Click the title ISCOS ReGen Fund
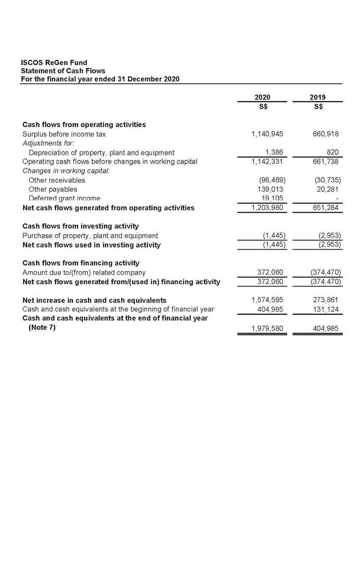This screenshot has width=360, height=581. (x=54, y=63)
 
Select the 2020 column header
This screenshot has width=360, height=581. (x=262, y=97)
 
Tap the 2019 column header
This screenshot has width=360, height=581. (x=317, y=97)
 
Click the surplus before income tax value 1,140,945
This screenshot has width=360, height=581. (x=267, y=134)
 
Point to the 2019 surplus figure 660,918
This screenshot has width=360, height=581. (x=324, y=134)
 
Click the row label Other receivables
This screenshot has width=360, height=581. (x=57, y=180)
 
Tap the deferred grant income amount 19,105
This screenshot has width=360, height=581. (x=271, y=198)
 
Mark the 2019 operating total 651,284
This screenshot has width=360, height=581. (x=324, y=208)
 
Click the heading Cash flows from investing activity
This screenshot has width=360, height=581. (x=80, y=226)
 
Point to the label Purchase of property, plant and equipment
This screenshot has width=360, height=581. (x=90, y=235)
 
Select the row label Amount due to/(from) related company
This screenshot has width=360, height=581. (x=84, y=273)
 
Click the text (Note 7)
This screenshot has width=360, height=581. (x=42, y=327)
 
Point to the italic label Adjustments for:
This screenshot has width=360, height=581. (x=48, y=143)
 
